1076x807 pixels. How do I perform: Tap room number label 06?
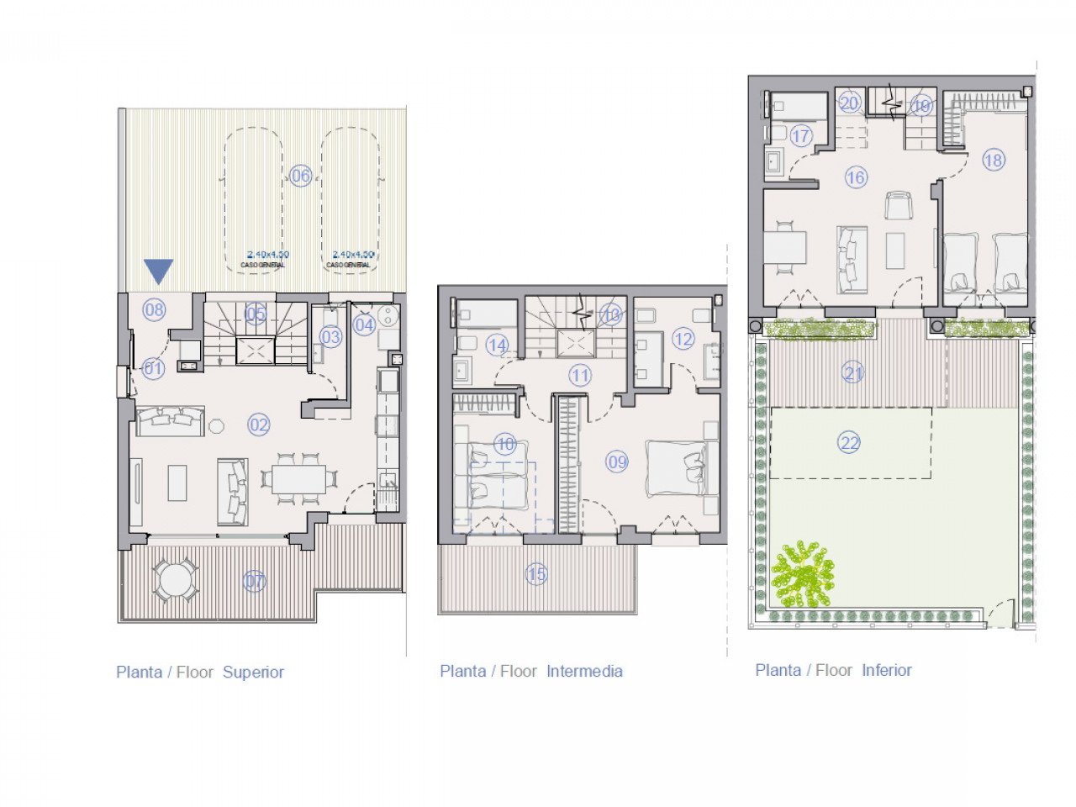(300, 176)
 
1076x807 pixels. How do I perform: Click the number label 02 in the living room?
(259, 425)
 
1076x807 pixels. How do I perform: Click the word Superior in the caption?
(253, 672)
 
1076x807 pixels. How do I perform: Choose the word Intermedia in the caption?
(584, 671)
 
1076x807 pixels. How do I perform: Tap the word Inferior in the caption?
(886, 670)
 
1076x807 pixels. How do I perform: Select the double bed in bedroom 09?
(677, 468)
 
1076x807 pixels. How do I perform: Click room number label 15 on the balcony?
(536, 575)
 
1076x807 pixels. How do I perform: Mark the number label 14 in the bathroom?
(497, 345)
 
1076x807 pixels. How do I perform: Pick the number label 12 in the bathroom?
(683, 339)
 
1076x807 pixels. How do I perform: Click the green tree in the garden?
(803, 576)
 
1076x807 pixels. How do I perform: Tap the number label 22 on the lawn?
(850, 442)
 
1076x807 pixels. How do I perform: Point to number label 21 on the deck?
(853, 372)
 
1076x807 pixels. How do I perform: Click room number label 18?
(994, 160)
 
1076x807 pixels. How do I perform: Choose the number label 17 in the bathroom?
(800, 136)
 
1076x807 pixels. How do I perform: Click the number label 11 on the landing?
(580, 375)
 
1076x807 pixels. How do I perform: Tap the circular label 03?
(330, 338)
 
